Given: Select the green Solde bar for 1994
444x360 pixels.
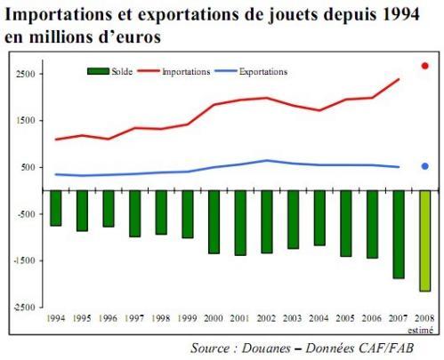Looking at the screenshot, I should tap(56, 208).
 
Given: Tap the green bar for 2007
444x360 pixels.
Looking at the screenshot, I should tap(398, 234).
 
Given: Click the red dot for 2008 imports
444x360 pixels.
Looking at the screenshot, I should tap(425, 66).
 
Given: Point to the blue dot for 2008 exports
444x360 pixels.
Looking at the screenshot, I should tap(425, 165).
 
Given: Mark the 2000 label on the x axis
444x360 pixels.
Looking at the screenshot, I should tap(214, 317).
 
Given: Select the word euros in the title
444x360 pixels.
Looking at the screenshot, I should tap(136, 36).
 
